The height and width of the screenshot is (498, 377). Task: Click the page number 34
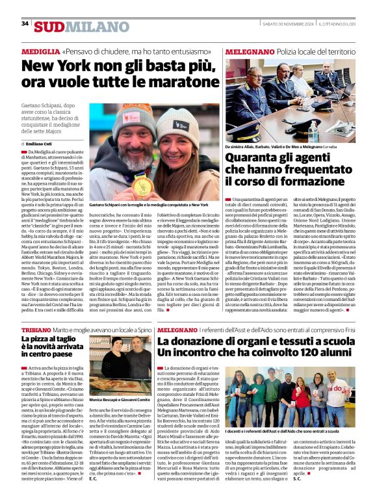click(x=25, y=23)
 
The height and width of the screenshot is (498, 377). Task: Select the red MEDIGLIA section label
click(x=40, y=50)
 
